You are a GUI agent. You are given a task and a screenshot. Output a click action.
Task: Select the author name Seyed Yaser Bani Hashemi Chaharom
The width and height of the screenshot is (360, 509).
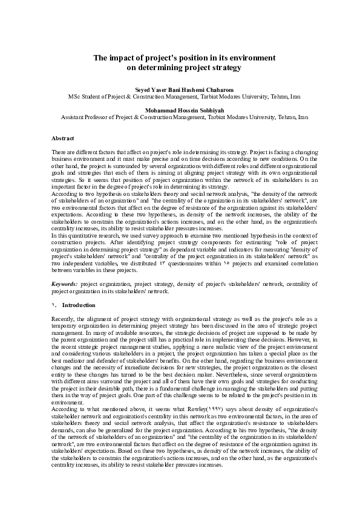pos(179,89)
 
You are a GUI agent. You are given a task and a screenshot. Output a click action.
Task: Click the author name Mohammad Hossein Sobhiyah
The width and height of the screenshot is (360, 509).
pos(179,109)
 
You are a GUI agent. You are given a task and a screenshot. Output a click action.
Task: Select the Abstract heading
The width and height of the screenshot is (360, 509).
pos(63,138)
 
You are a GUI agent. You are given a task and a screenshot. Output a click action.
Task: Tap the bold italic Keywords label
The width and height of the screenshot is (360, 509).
pos(65,284)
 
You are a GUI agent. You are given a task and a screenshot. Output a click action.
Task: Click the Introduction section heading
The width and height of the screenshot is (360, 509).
pos(79,305)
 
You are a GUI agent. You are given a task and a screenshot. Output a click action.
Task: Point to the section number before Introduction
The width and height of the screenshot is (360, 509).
pos(54,305)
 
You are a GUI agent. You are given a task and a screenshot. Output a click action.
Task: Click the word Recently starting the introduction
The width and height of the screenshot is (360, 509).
pos(64,317)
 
